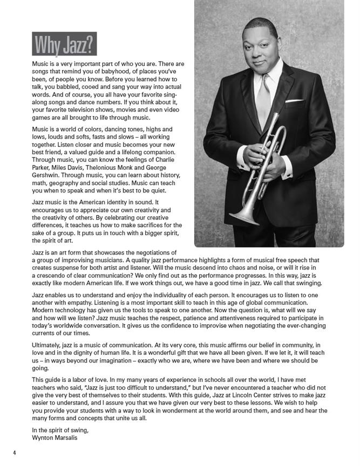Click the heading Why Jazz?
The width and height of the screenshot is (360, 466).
[x=64, y=45]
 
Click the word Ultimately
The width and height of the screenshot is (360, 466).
[x=49, y=345]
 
